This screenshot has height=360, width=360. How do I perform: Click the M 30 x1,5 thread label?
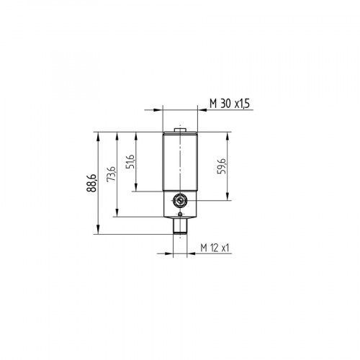229,105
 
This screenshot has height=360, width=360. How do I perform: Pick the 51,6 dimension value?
130,162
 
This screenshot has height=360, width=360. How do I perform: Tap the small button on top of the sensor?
179,130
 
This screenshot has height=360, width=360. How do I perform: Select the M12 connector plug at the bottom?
179,227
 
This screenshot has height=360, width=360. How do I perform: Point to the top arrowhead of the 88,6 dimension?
96,135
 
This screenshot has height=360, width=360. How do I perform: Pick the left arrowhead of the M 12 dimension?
171,253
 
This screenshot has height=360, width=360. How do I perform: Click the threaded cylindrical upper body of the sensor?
179,162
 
